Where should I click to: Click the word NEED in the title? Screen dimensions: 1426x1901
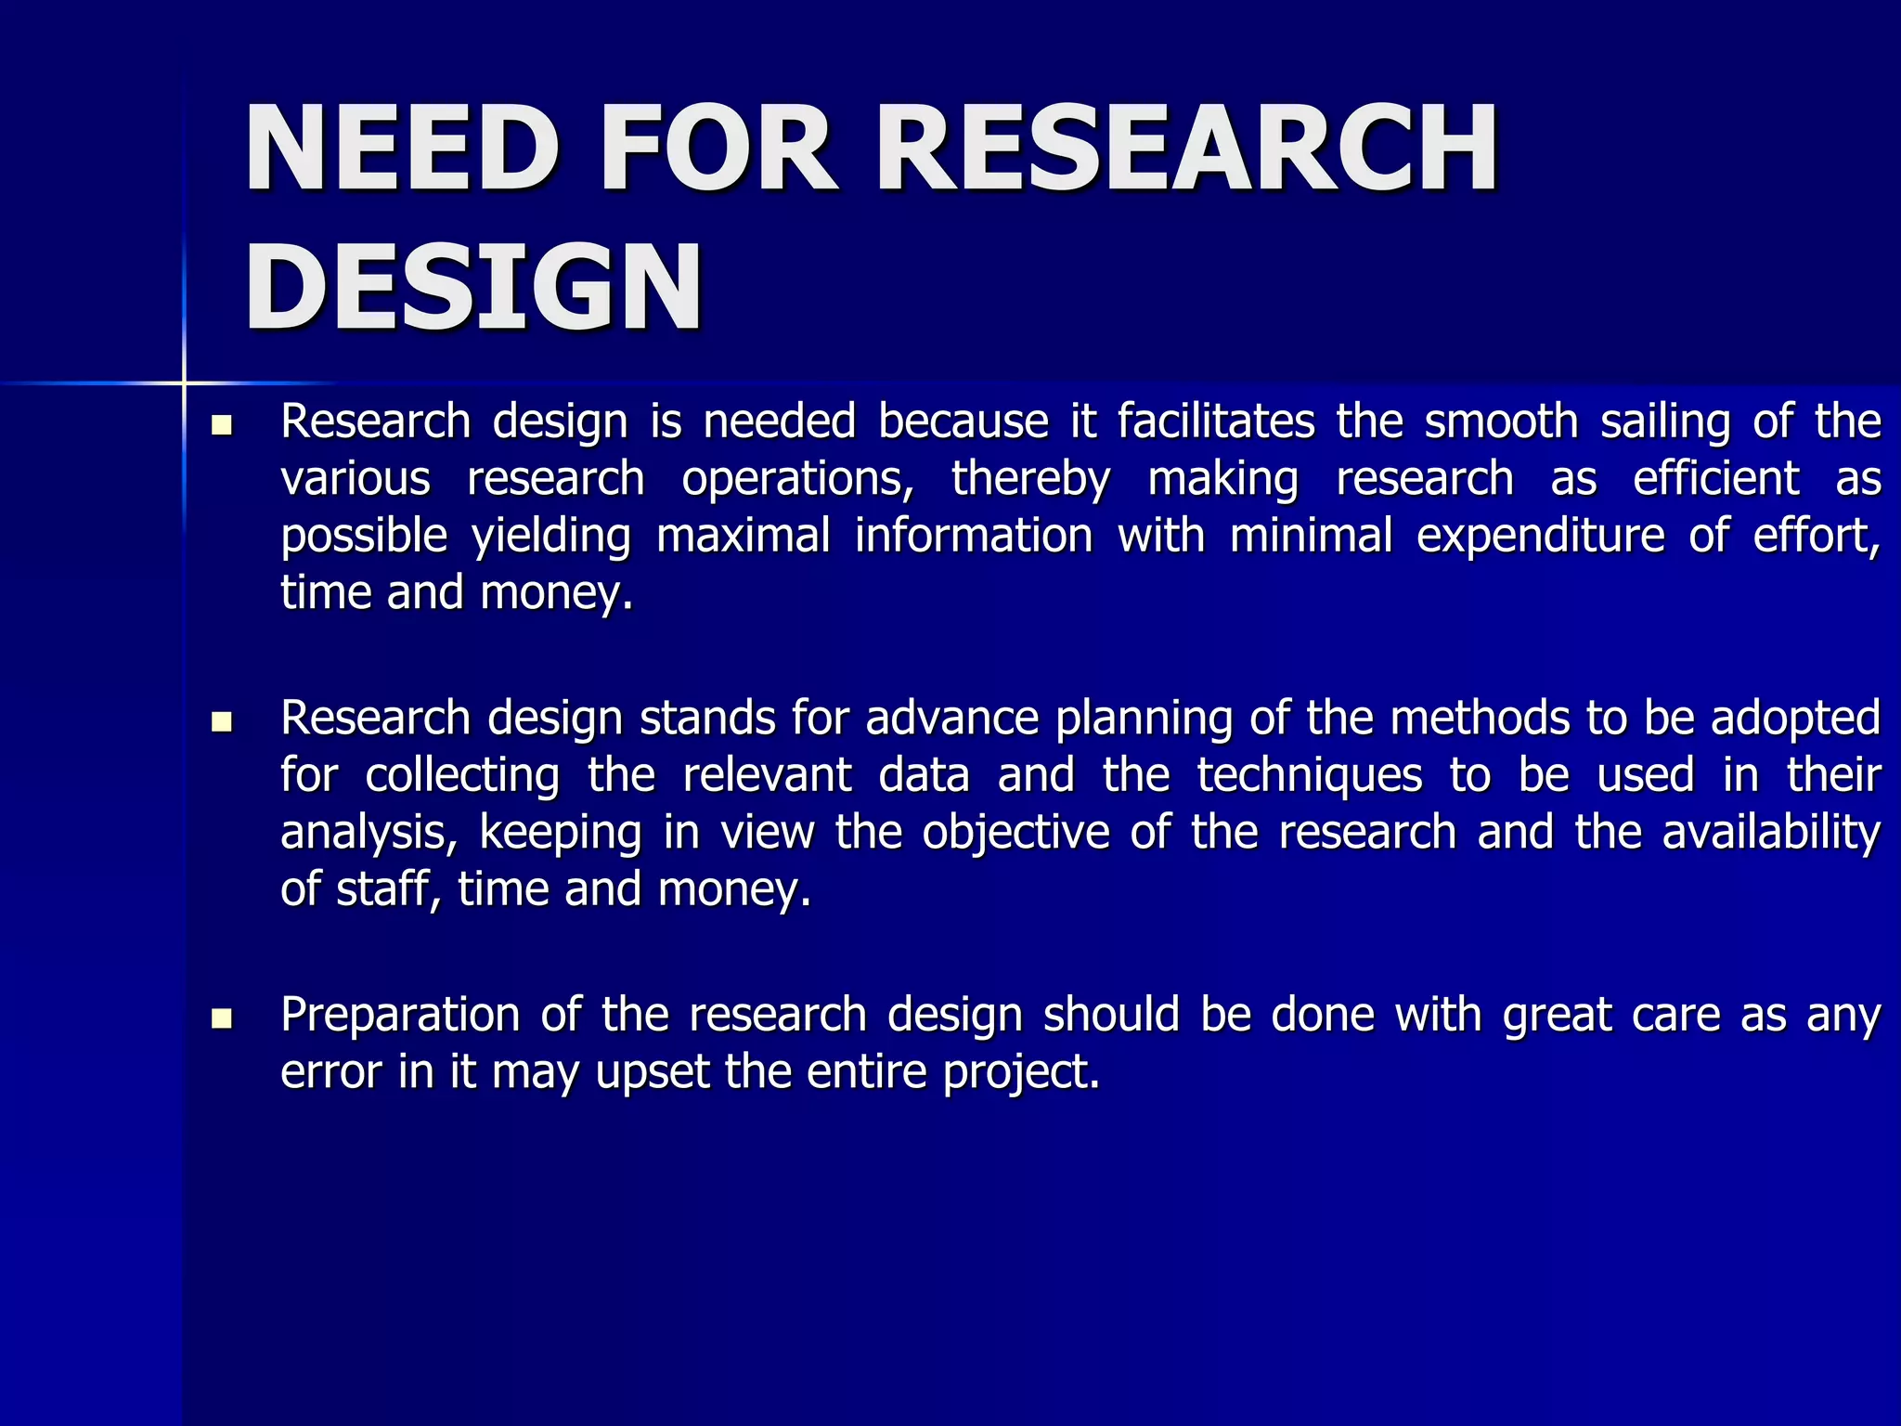point(402,149)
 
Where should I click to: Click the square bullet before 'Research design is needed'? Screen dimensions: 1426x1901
point(222,426)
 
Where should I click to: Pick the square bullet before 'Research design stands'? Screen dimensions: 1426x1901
point(222,721)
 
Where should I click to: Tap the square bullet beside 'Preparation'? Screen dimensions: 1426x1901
point(222,1018)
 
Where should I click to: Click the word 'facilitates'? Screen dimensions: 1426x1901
point(1216,421)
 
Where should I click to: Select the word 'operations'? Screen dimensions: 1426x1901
point(797,481)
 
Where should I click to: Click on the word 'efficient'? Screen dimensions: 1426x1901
point(1716,479)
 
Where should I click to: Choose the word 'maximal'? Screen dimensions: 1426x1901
point(744,537)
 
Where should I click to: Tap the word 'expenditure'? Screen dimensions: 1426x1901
point(1541,538)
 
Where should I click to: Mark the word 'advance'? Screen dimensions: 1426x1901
point(951,719)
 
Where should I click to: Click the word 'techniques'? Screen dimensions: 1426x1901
point(1309,777)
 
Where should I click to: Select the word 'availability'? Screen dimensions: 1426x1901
point(1771,834)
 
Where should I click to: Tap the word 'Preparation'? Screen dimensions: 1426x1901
point(399,1016)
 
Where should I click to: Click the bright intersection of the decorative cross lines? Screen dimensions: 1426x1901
point(184,382)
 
